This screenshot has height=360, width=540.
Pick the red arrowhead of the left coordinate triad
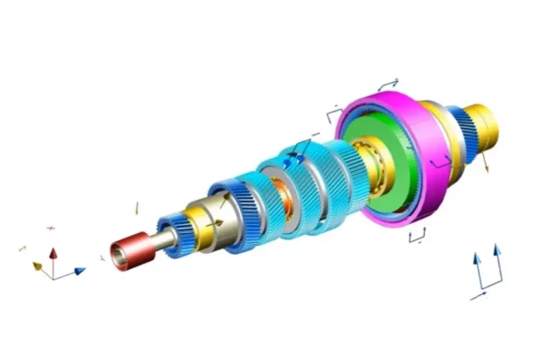click(x=51, y=254)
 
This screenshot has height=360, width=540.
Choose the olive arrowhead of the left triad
click(x=38, y=266)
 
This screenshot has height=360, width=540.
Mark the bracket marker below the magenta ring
click(x=417, y=237)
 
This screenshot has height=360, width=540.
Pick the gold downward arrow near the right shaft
click(x=486, y=162)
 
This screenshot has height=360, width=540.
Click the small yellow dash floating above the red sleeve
click(x=137, y=208)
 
